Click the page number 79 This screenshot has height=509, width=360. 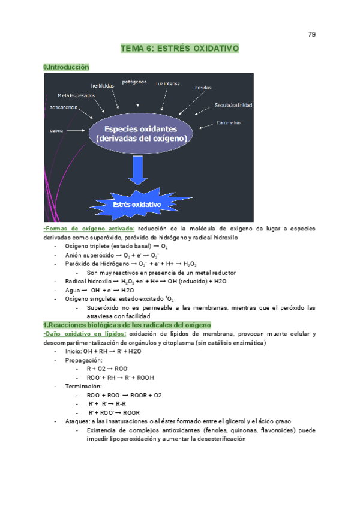pyautogui.click(x=312, y=34)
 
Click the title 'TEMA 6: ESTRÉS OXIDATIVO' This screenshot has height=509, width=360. pyautogui.click(x=180, y=47)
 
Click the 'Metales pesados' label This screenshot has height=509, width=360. pyautogui.click(x=75, y=95)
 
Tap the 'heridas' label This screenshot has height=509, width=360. pyautogui.click(x=203, y=88)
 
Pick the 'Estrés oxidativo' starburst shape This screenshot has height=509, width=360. pyautogui.click(x=137, y=205)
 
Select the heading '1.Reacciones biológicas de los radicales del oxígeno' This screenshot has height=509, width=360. pyautogui.click(x=127, y=325)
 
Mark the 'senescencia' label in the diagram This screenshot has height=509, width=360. pyautogui.click(x=63, y=107)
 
